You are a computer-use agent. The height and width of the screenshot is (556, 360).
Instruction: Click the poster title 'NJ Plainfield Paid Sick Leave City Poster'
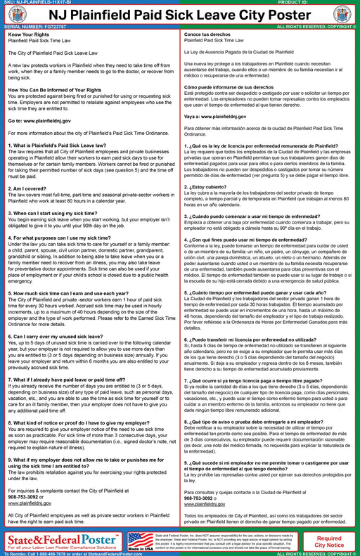click(x=180, y=15)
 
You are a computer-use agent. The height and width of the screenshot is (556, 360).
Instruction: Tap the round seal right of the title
click(x=342, y=15)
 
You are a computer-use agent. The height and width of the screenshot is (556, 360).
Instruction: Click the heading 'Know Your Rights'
click(x=27, y=34)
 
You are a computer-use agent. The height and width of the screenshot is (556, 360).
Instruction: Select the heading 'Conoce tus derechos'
click(x=207, y=34)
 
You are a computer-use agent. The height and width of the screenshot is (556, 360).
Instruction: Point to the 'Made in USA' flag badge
click(x=141, y=541)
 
